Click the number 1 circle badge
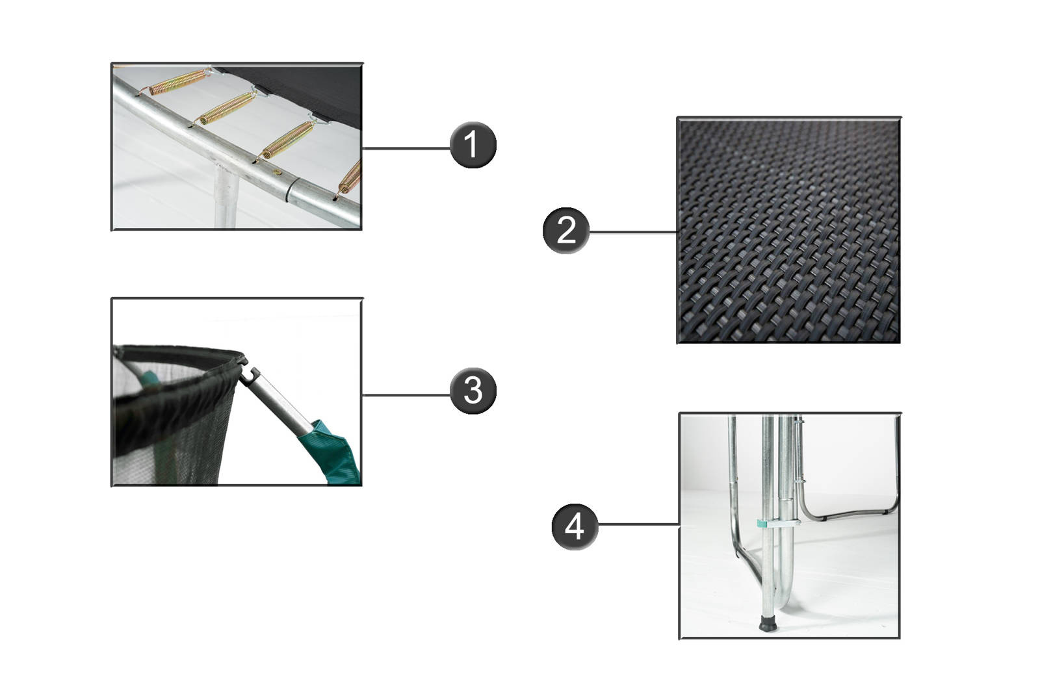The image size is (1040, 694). (x=473, y=145)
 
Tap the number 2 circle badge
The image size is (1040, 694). (x=565, y=230)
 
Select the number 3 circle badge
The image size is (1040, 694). (x=473, y=391)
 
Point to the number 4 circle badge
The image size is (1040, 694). (x=575, y=527)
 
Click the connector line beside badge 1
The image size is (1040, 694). (x=406, y=148)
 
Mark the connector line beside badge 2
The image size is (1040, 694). (x=633, y=231)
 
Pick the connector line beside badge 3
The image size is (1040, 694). (x=406, y=395)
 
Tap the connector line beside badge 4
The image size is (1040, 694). (x=639, y=524)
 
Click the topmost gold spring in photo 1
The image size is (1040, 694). (x=179, y=82)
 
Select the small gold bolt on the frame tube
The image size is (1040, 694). (x=278, y=173)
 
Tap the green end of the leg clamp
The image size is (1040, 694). (x=761, y=524)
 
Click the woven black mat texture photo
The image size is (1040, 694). (x=788, y=230)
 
